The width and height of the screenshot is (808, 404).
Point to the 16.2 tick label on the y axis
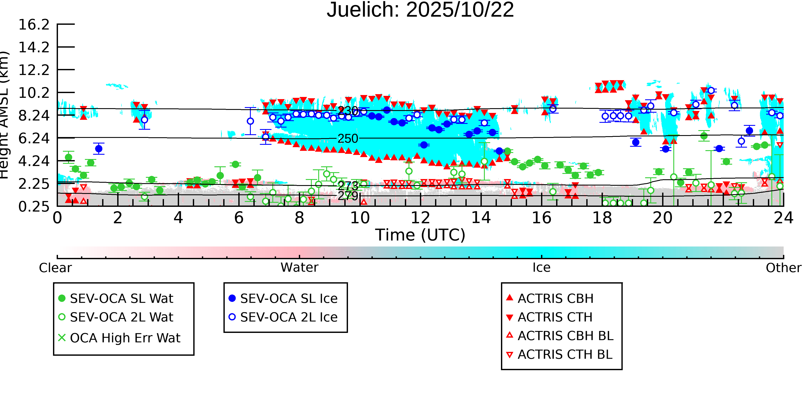tap(34, 25)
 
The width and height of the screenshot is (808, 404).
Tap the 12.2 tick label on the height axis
tap(34, 70)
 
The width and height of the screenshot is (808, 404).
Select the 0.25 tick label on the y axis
tap(34, 207)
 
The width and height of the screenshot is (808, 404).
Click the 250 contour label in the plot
tap(348, 139)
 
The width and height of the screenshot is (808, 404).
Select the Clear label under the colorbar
tap(55, 268)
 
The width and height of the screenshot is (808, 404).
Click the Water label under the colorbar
tap(299, 268)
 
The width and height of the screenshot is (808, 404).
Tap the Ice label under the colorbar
tap(541, 268)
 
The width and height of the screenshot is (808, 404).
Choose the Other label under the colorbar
tap(783, 268)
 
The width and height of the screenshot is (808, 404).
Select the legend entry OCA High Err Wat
tap(125, 338)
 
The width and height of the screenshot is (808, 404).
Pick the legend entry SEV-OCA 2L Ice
tap(289, 317)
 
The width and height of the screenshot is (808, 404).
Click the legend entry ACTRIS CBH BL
tap(565, 336)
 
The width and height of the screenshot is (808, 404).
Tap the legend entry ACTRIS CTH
tap(555, 317)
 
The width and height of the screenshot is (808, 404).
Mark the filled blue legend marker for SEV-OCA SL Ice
tap(232, 298)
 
